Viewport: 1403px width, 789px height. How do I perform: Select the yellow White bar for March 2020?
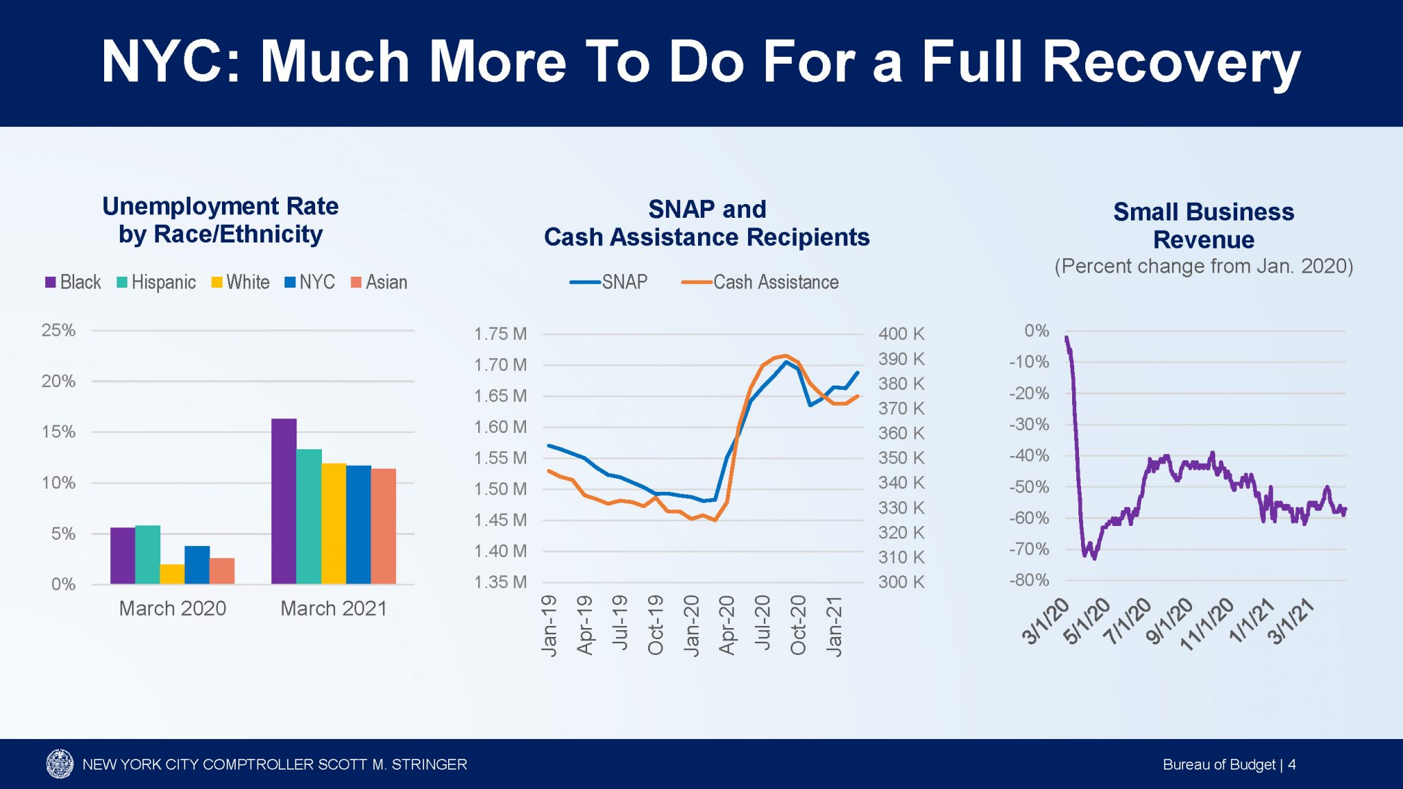(172, 574)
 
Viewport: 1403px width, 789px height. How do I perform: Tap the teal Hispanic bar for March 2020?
(147, 555)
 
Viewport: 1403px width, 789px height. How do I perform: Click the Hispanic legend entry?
(156, 282)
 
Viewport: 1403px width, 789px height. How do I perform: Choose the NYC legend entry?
(310, 282)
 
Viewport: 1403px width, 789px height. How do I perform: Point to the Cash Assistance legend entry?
(760, 282)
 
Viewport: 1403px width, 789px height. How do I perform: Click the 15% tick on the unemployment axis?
(58, 432)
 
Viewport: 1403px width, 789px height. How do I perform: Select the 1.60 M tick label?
(500, 427)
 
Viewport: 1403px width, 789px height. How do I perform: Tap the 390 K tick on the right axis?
(901, 359)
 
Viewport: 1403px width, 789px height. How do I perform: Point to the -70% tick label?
(1029, 549)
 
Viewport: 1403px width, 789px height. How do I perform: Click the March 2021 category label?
(334, 608)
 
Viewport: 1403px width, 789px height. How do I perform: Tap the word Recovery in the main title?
(1171, 63)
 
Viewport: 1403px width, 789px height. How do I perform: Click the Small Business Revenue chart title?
(1204, 225)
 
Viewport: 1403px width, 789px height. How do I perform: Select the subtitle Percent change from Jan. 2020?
(1204, 266)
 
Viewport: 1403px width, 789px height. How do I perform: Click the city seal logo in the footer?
(60, 764)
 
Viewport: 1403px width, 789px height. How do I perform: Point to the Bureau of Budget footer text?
(1219, 764)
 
